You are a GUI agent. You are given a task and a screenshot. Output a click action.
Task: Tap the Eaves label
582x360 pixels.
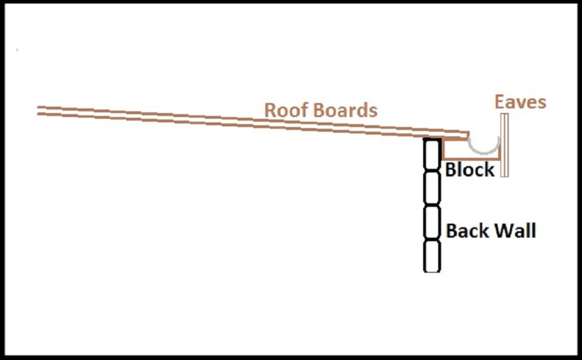coord(520,102)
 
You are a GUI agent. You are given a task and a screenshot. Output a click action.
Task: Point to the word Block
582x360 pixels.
coord(470,169)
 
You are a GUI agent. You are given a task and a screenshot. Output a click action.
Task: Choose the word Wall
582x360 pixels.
coord(515,231)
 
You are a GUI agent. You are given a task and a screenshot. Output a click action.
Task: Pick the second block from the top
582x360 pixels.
coord(432,188)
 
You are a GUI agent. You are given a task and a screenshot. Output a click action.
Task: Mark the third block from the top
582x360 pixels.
coord(432,222)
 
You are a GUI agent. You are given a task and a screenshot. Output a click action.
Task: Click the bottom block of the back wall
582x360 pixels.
coord(432,256)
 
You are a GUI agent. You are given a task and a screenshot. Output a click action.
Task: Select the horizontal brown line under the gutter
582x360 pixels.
coord(471,159)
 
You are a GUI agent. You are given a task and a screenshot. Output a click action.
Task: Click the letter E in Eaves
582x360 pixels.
coord(501,102)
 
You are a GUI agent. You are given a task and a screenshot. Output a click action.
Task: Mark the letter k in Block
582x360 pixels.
coord(489,169)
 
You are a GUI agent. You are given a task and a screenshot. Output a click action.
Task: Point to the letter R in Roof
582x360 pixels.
coord(270,110)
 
